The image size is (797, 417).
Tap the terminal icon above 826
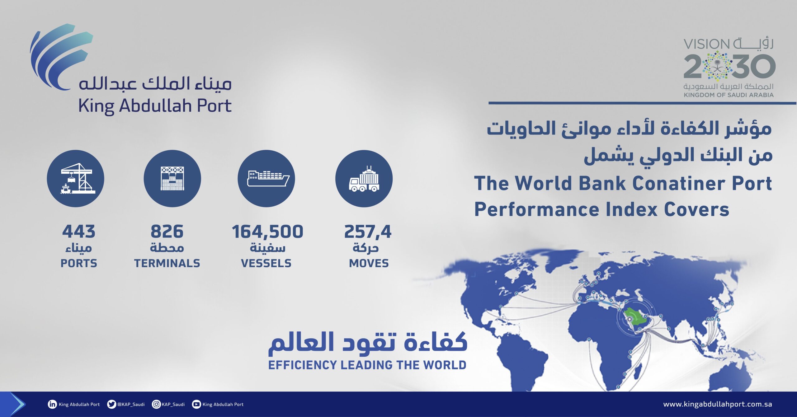click(x=172, y=179)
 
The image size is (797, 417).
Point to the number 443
click(x=79, y=232)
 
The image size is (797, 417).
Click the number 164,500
click(x=267, y=232)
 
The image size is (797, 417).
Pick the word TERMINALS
click(x=167, y=263)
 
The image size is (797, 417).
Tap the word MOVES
click(x=369, y=263)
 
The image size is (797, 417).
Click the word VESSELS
click(x=266, y=263)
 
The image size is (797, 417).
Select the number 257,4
click(x=368, y=232)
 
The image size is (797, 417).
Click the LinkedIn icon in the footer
click(x=52, y=404)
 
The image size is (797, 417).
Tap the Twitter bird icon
click(x=111, y=404)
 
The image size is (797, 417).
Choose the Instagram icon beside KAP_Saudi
click(x=156, y=404)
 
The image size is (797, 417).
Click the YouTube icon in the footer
click(x=196, y=404)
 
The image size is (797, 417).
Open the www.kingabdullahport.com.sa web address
click(x=718, y=404)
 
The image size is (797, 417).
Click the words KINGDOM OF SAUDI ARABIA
click(x=729, y=95)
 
